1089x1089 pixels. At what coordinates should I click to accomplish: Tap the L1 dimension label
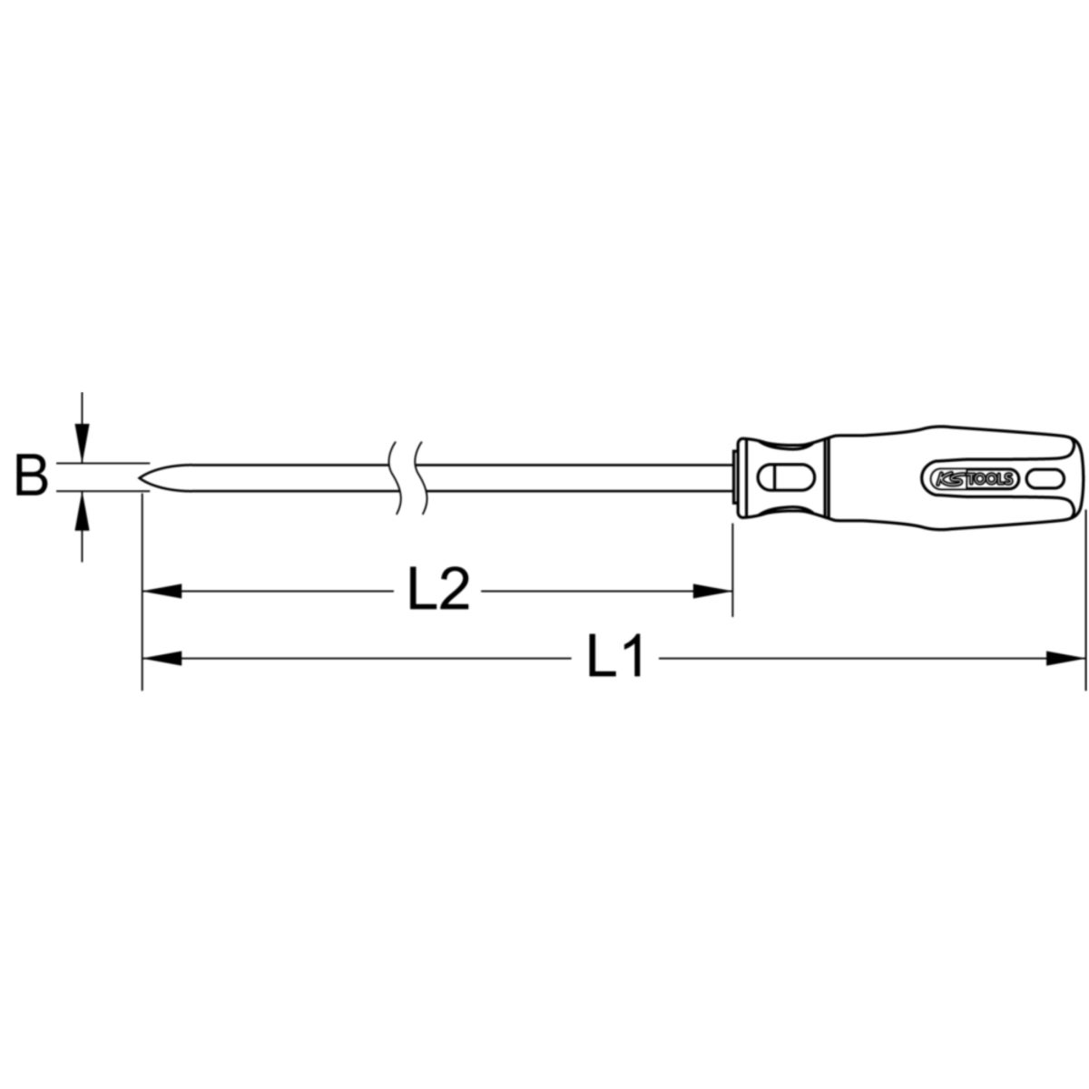[x=615, y=655]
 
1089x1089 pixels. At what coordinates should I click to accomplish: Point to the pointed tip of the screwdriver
[x=140, y=478]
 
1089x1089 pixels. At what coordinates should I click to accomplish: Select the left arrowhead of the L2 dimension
[x=162, y=591]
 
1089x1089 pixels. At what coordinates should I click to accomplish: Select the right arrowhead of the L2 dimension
[x=712, y=591]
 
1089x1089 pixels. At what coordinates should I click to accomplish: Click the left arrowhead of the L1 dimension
[x=162, y=658]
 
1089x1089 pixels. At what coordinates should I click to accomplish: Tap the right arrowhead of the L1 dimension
[x=1065, y=658]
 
